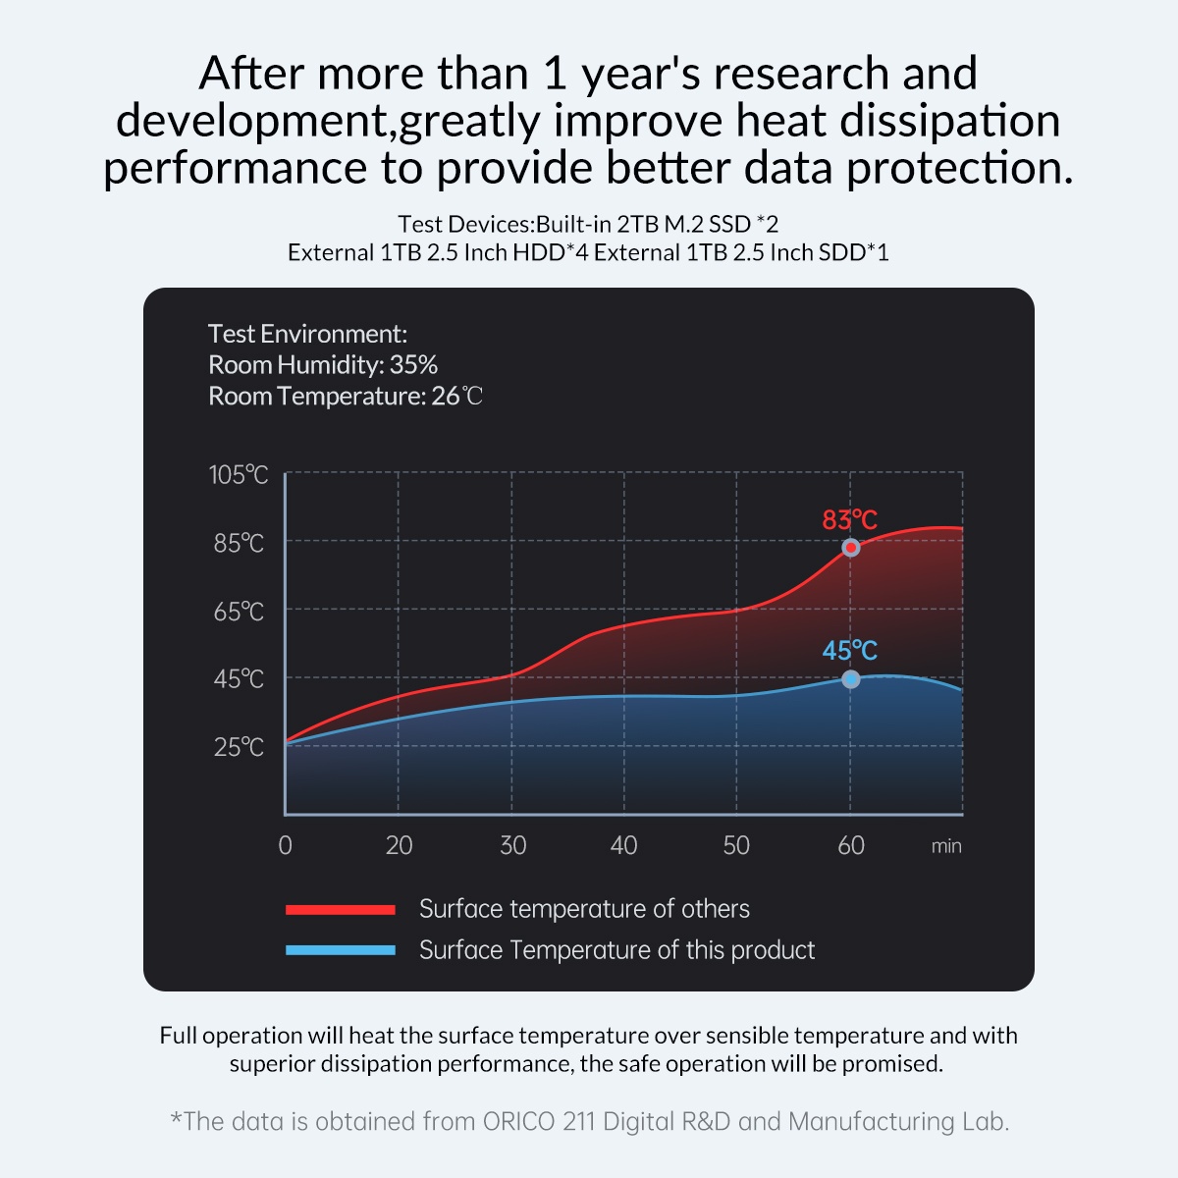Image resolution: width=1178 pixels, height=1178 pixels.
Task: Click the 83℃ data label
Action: (849, 519)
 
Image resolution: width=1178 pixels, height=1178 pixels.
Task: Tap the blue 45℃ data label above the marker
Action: (849, 651)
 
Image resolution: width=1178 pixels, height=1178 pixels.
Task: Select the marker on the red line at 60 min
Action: (851, 548)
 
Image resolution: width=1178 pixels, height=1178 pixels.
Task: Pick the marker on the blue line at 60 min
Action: (851, 679)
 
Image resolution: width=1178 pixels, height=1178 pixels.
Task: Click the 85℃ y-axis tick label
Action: (239, 543)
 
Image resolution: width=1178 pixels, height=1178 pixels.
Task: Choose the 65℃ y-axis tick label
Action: (239, 612)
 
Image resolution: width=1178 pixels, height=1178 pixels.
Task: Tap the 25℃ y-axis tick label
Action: (239, 747)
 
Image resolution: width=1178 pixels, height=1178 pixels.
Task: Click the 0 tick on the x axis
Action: (285, 845)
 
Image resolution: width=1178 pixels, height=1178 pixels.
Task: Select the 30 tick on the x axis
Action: (512, 845)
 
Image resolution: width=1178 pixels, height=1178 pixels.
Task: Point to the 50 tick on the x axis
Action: (736, 845)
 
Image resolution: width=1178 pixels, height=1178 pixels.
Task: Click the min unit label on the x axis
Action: (946, 846)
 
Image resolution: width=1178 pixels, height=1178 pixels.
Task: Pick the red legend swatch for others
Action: (340, 910)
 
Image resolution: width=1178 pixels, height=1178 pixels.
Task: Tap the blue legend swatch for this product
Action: (340, 950)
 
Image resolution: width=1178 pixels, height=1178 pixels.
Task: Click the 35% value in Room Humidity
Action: (413, 365)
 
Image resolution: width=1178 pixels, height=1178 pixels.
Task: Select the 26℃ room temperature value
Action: (457, 397)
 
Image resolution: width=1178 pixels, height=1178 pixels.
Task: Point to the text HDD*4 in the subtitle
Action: (550, 252)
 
